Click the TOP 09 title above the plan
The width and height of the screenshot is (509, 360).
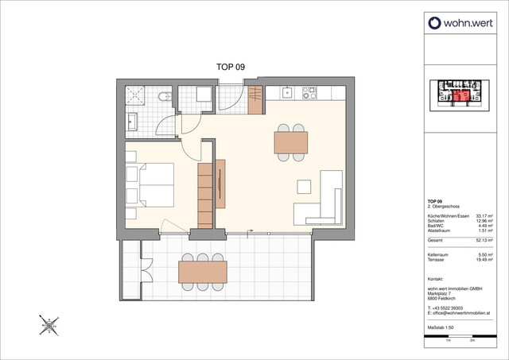coord(231,68)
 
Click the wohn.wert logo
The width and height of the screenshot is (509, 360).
coord(461,23)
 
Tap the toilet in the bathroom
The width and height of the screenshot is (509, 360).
coord(163,98)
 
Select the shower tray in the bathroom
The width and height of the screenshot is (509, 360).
coord(137,97)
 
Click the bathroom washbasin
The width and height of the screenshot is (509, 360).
coord(131,122)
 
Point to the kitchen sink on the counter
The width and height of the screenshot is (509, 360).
coord(286,93)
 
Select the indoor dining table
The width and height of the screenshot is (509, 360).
coord(290,141)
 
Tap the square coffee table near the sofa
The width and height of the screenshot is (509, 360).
coord(305,187)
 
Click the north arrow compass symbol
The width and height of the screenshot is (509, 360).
coord(49,323)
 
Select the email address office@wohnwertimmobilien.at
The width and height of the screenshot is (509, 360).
coord(463,312)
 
